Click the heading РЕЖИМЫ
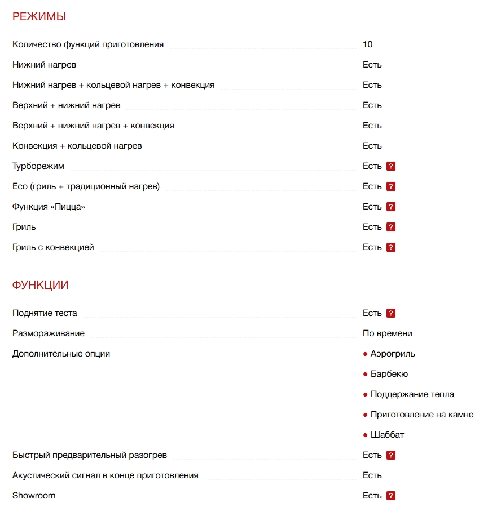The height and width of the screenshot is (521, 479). [x=39, y=17]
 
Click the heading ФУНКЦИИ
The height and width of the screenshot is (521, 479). [x=41, y=286]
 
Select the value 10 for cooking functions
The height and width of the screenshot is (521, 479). [x=368, y=44]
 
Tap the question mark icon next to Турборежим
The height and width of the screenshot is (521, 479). [x=391, y=166]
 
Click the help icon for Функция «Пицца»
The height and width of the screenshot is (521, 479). [x=391, y=207]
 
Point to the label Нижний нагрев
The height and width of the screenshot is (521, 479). [x=44, y=65]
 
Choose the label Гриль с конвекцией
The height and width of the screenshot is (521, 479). [x=53, y=247]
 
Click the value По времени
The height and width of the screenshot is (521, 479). [x=388, y=333]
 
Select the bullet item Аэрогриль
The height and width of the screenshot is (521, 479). [x=393, y=354]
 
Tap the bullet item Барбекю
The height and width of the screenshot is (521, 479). [x=389, y=374]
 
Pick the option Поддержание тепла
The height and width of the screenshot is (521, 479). [x=412, y=394]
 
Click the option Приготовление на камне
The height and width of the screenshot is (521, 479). [x=421, y=415]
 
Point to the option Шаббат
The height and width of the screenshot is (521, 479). [x=387, y=435]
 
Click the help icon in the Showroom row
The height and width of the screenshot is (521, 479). [x=391, y=496]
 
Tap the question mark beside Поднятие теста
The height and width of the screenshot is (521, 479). [x=391, y=313]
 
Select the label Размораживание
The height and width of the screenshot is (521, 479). [x=49, y=333]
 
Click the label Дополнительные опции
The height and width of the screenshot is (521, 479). [x=61, y=354]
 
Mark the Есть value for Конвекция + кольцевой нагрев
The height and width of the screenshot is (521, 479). [x=372, y=146]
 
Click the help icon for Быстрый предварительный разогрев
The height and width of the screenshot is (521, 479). [x=391, y=455]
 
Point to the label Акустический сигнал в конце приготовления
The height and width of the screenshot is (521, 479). [x=106, y=475]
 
